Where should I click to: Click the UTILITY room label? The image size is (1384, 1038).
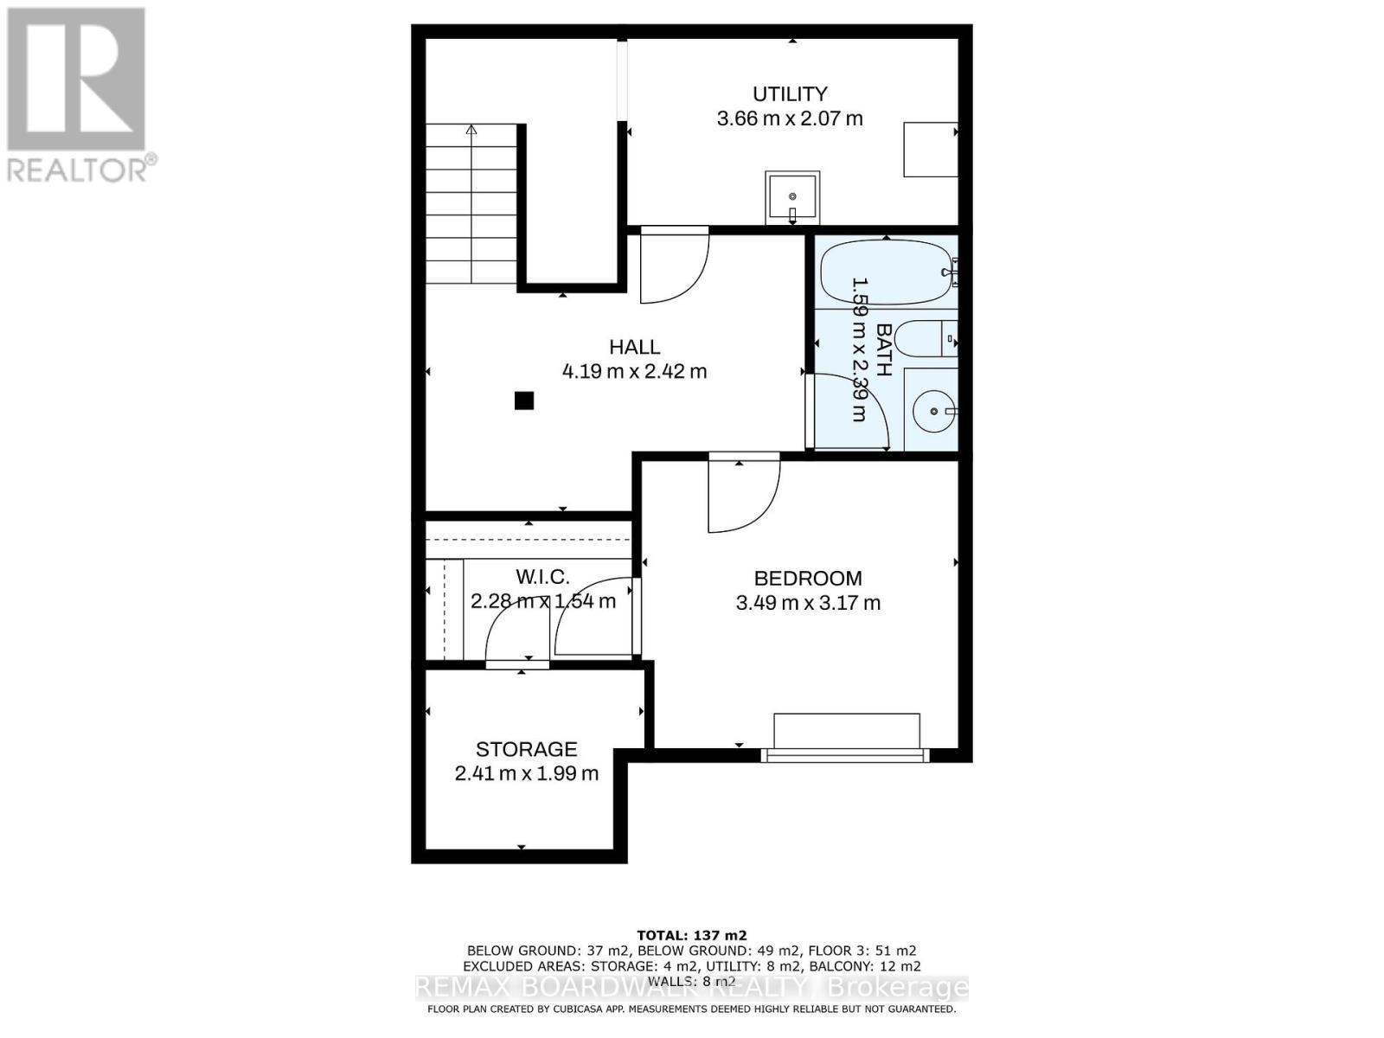pyautogui.click(x=789, y=93)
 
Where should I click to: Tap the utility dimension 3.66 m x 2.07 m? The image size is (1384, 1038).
pyautogui.click(x=789, y=119)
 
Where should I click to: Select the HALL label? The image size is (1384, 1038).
pyautogui.click(x=634, y=347)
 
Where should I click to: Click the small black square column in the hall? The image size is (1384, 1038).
pyautogui.click(x=523, y=400)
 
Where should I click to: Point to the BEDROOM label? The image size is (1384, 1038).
pyautogui.click(x=807, y=578)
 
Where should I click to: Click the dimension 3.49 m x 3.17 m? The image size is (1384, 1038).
pyautogui.click(x=807, y=603)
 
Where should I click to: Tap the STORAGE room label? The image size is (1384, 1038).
pyautogui.click(x=526, y=749)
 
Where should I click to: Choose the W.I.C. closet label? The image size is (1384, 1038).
pyautogui.click(x=542, y=576)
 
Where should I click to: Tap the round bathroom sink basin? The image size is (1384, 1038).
pyautogui.click(x=933, y=412)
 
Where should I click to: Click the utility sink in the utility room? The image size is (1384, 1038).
pyautogui.click(x=791, y=197)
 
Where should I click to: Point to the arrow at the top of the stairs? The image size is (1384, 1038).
pyautogui.click(x=471, y=131)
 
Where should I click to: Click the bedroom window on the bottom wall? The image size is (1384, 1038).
pyautogui.click(x=845, y=755)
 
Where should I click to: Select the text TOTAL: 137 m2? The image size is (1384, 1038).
pyautogui.click(x=691, y=935)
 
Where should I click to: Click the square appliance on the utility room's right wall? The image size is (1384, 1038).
pyautogui.click(x=930, y=150)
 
